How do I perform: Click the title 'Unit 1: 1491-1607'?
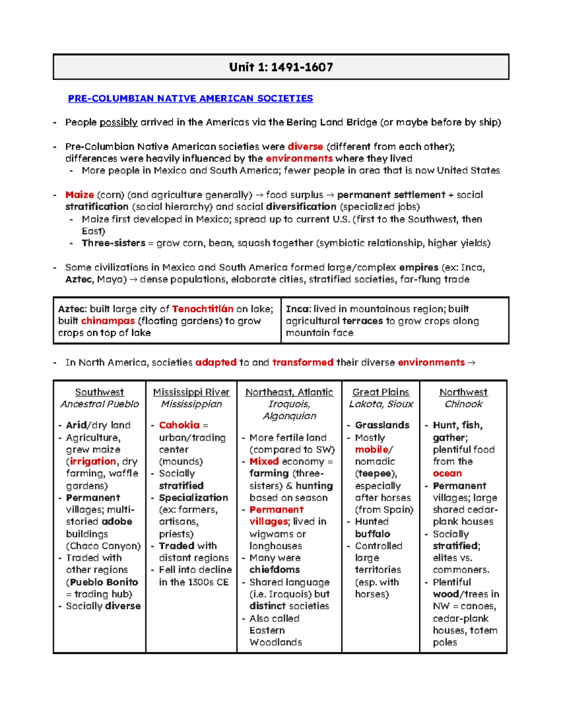281,67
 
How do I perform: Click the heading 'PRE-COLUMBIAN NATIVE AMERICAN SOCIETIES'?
190,99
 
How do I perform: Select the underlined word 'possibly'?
118,122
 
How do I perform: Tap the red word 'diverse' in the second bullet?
305,147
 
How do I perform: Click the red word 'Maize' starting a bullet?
79,195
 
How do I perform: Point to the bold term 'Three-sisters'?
113,243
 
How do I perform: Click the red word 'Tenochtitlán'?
202,309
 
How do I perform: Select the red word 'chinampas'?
108,321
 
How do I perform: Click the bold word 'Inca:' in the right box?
298,309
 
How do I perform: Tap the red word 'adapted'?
216,363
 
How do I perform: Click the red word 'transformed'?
302,363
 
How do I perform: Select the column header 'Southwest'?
100,392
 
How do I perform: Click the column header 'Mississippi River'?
191,392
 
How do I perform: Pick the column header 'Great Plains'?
381,392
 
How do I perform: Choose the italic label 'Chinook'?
463,404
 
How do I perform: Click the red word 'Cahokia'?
179,425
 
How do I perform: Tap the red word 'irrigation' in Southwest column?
93,461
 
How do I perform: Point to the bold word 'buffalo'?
372,534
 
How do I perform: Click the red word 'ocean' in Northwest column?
447,474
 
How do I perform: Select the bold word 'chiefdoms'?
274,570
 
